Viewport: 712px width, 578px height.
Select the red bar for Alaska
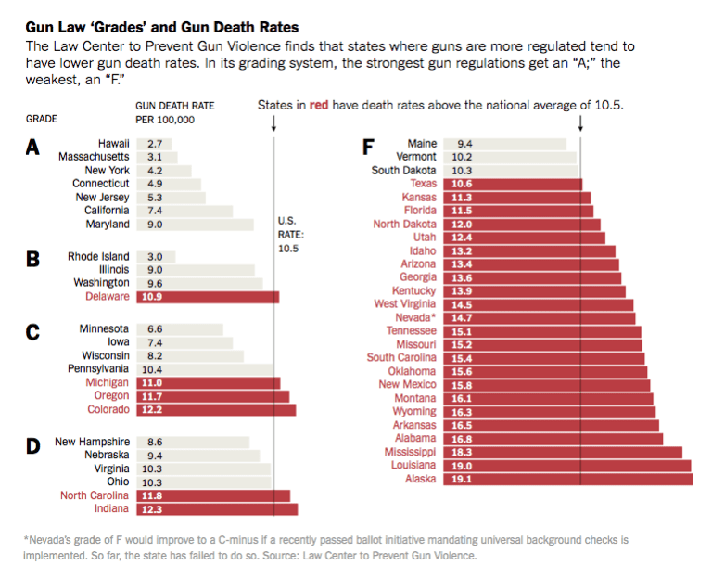coord(567,479)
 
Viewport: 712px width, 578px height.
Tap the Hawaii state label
coord(113,144)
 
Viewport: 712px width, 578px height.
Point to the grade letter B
coord(32,260)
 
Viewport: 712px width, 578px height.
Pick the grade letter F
coord(368,148)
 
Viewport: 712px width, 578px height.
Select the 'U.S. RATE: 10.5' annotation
coord(290,235)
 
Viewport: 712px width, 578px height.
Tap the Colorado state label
coord(108,409)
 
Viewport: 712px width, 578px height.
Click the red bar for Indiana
coord(217,508)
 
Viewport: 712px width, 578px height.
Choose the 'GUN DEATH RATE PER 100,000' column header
coord(175,112)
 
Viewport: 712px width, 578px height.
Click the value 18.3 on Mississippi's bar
coord(461,452)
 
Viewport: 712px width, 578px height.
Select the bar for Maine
coord(505,144)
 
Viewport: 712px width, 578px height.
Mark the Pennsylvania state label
coord(98,368)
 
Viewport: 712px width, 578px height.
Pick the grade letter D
coord(32,446)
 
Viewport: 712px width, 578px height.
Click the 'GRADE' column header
coord(42,120)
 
